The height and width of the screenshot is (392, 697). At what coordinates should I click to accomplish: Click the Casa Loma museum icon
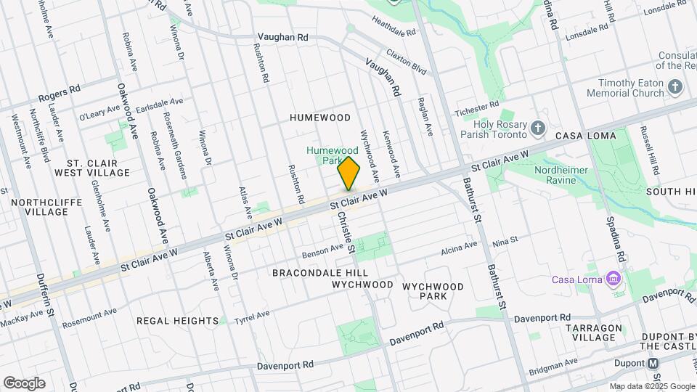pos(614,279)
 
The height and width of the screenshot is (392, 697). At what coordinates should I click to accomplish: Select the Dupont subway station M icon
pos(653,363)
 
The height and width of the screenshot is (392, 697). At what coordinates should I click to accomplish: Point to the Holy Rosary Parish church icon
pos(537,128)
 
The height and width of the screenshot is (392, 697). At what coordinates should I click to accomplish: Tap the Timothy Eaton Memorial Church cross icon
pos(675,87)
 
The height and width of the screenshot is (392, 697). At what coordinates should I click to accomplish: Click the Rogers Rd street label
pos(59,93)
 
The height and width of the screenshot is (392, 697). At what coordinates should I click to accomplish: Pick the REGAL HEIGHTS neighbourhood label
pos(177,321)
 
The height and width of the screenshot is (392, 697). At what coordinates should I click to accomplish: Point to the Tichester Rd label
pos(477,110)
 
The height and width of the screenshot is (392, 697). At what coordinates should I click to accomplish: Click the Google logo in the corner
pos(24,383)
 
